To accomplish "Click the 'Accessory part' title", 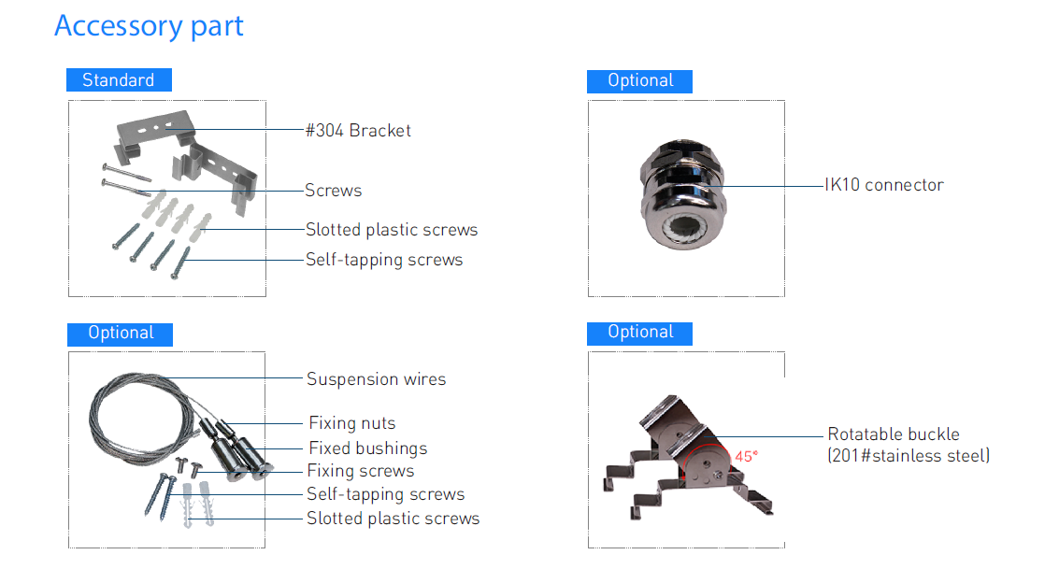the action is point(149,27).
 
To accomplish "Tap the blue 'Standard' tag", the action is point(119,79).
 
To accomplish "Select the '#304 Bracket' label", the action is point(358,130).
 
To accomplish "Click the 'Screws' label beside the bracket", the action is point(333,191).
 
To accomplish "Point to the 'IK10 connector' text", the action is point(884,185).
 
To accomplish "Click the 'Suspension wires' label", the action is point(376,379).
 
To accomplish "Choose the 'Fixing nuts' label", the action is point(351,423).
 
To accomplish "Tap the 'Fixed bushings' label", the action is point(368,448).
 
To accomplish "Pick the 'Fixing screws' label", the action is point(361,471).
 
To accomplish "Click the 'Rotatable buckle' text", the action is point(894,434).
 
